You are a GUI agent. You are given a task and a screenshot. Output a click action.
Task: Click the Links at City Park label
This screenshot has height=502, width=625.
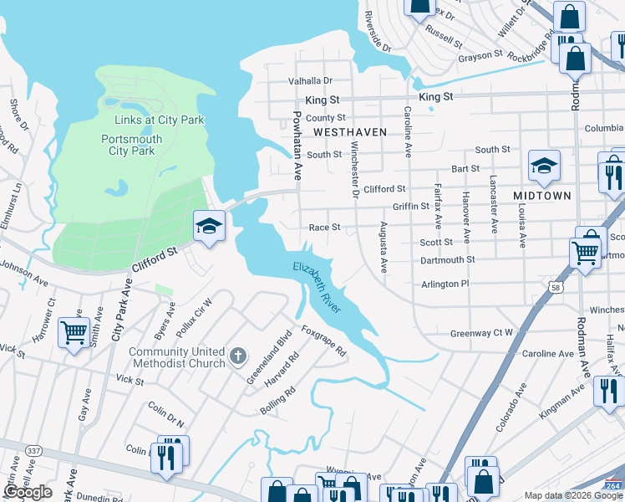tap(153, 120)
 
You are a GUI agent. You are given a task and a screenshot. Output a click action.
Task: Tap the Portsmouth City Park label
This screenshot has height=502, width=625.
tap(131, 145)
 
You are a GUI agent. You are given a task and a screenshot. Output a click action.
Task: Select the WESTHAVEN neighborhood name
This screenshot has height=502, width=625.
tap(350, 132)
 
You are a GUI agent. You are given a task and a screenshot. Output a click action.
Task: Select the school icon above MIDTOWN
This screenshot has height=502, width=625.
tap(544, 166)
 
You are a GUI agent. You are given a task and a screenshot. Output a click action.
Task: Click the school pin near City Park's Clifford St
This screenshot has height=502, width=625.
tap(209, 225)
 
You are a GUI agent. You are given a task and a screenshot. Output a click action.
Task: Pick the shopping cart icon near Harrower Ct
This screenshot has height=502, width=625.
tap(74, 332)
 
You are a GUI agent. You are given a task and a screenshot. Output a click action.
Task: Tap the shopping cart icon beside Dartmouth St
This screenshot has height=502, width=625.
tap(585, 251)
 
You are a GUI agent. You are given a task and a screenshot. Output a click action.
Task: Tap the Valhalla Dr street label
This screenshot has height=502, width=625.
tap(310, 81)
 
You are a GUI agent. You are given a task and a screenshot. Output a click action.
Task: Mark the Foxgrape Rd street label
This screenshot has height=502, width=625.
tap(323, 341)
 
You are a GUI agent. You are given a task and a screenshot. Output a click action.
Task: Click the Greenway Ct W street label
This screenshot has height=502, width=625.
tap(481, 333)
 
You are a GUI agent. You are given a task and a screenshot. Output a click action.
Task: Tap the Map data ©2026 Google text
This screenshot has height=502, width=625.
tap(573, 495)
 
